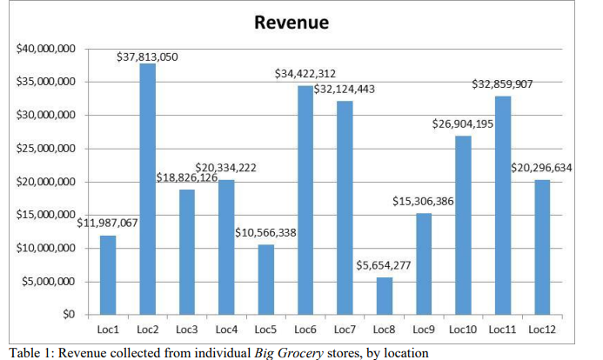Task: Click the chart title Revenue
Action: point(291,23)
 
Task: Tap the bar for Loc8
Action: point(383,296)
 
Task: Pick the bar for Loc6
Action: point(305,199)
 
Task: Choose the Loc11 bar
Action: point(502,204)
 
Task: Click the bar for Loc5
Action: point(265,279)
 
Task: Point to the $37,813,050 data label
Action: point(147,57)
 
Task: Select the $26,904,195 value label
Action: point(463,124)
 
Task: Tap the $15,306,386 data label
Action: point(424,201)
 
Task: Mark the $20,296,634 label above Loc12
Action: point(541,168)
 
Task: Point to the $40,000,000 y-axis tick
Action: point(46,49)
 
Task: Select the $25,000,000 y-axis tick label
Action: point(46,149)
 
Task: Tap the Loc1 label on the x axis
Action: point(108,330)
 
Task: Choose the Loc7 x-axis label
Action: point(344,330)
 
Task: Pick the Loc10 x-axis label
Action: point(463,330)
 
